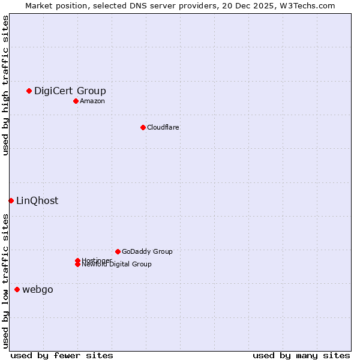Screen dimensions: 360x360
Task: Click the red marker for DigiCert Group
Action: pyautogui.click(x=29, y=91)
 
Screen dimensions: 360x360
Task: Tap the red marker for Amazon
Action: pyautogui.click(x=76, y=101)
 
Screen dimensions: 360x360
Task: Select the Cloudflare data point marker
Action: pyautogui.click(x=143, y=127)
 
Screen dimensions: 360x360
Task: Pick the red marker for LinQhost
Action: pyautogui.click(x=11, y=200)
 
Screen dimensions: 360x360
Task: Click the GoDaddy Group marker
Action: pyautogui.click(x=118, y=251)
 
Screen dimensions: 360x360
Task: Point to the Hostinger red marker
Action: pyautogui.click(x=77, y=260)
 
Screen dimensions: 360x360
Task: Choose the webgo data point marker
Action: pyautogui.click(x=17, y=289)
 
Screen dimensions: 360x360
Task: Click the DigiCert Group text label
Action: pyautogui.click(x=70, y=91)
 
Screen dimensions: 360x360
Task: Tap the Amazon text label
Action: pyautogui.click(x=92, y=101)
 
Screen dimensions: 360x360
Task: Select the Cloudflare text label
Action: pyautogui.click(x=163, y=127)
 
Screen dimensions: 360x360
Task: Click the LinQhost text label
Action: pyautogui.click(x=37, y=200)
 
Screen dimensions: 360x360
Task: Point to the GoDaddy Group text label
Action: pyautogui.click(x=147, y=251)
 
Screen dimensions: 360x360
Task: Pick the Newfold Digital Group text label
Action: pyautogui.click(x=116, y=264)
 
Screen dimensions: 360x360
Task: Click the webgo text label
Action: pyautogui.click(x=38, y=289)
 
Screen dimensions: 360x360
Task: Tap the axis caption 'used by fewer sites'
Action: pyautogui.click(x=62, y=355)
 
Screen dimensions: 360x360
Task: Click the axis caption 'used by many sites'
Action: pyautogui.click(x=301, y=355)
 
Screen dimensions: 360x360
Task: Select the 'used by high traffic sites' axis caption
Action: pyautogui.click(x=5, y=85)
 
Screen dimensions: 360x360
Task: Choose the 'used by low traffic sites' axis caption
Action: pyautogui.click(x=5, y=281)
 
